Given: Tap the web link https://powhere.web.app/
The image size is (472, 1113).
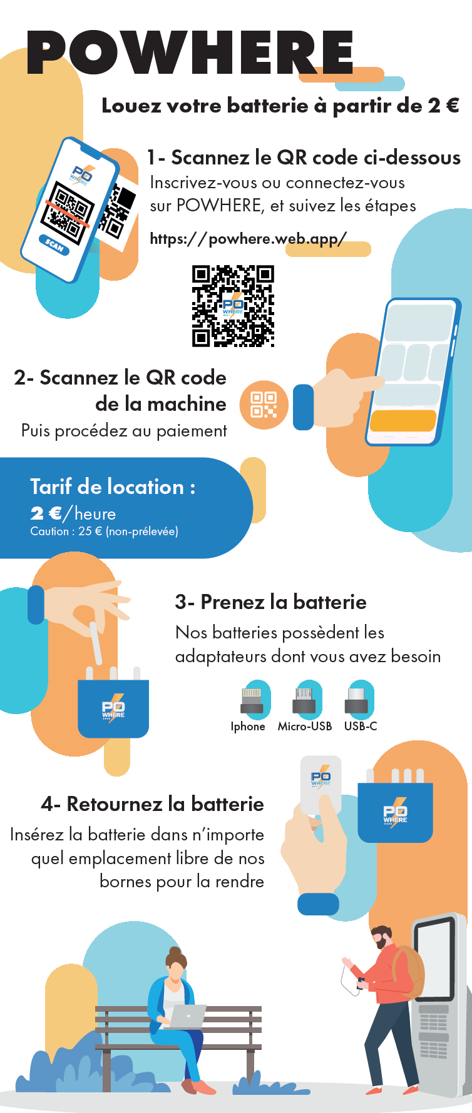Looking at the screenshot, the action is pos(248,239).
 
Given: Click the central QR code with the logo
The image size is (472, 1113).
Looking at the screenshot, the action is pos(233,306).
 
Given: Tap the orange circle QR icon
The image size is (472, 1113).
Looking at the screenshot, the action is pos(264,405).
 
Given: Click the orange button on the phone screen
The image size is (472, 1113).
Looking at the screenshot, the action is pos(403,420).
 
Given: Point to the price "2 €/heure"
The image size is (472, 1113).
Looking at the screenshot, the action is pos(73,513).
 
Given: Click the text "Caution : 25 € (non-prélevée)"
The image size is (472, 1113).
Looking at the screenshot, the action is pos(104,531).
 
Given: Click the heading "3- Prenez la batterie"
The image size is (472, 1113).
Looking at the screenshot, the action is pos(271,602).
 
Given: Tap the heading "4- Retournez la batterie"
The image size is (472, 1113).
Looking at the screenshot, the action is pos(153,803).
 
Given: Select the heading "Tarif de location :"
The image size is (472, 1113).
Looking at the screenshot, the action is pos(113,486).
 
